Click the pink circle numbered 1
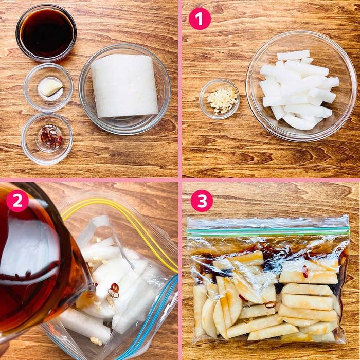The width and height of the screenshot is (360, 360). click(x=200, y=19)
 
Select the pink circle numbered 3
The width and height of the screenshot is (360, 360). click(x=202, y=201)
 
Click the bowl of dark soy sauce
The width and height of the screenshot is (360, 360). click(x=46, y=33)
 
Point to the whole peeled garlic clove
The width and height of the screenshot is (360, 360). click(x=50, y=87)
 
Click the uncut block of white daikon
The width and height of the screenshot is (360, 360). click(x=124, y=86)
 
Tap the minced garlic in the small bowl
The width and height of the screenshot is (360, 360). click(x=222, y=100)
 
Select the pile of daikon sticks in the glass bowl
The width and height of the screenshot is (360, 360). click(x=299, y=89)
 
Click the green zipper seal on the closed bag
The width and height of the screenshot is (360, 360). click(x=268, y=230)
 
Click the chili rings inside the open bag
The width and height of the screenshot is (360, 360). click(x=114, y=290)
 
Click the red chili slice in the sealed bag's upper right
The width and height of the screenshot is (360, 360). click(x=305, y=272)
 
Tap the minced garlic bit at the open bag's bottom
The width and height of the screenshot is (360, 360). click(x=96, y=341)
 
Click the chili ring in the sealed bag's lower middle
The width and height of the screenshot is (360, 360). click(x=270, y=304)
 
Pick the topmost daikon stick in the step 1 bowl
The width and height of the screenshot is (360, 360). click(x=294, y=55)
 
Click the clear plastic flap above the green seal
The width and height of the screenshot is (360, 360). click(x=268, y=222)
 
